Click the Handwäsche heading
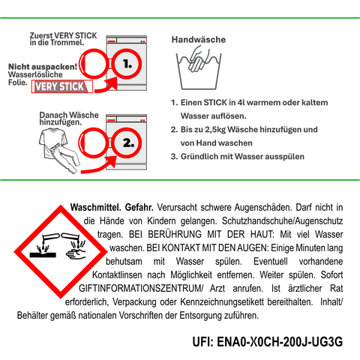(x=199, y=40)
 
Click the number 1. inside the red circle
(x=127, y=64)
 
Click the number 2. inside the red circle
(x=128, y=143)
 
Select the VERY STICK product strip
(x=62, y=87)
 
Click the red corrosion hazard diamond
(x=61, y=251)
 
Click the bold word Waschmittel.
(x=95, y=207)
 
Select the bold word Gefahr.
(x=139, y=207)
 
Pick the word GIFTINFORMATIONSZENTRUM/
(x=141, y=288)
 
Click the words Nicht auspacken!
(x=43, y=67)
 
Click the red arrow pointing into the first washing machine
(x=106, y=85)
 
